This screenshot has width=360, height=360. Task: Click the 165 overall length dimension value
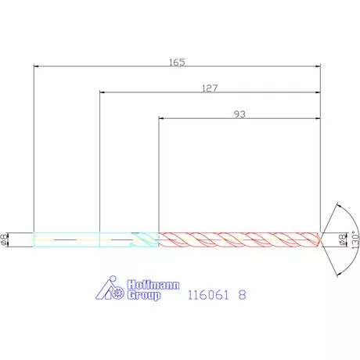point(177,63)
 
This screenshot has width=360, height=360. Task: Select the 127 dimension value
point(210,88)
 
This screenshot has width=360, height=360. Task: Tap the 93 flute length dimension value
point(239,114)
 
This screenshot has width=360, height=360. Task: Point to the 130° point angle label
point(355,239)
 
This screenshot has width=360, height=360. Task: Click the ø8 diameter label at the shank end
point(4,239)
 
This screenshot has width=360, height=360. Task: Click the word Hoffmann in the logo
point(153,285)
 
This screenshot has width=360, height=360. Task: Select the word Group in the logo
point(144,296)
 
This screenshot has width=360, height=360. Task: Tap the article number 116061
point(208,295)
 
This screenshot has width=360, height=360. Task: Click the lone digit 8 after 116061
point(242,295)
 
